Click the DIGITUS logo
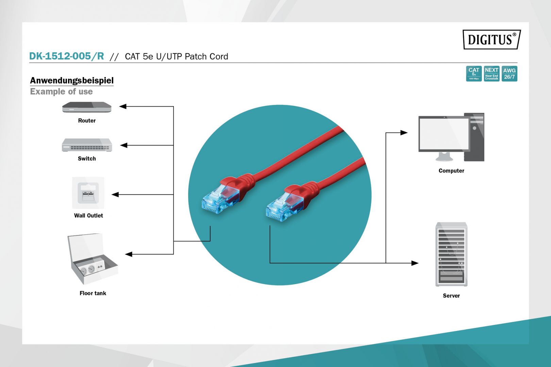pos(491,39)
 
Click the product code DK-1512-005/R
pos(66,56)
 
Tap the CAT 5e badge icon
pos(473,74)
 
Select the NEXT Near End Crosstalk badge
pos(491,74)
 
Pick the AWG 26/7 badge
pos(509,74)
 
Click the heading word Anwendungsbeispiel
pos(72,81)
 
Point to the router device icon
pos(87,107)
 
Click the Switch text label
pos(87,159)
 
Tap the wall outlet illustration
pos(88,193)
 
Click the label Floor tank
pos(93,293)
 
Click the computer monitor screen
pos(444,134)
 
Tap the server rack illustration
pos(451,254)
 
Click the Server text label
pos(451,296)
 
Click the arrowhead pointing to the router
pos(123,106)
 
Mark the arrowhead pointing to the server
pos(415,263)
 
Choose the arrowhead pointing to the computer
pos(404,133)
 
